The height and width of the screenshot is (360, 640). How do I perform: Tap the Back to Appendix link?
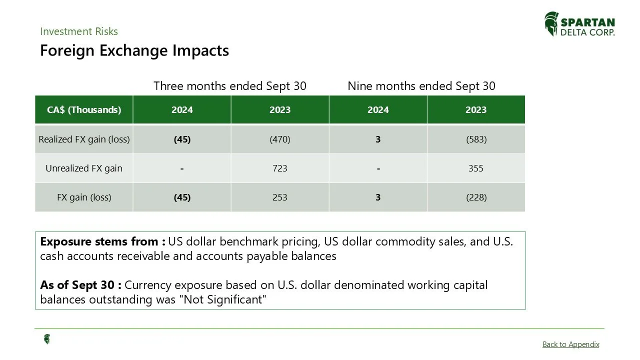pos(570,344)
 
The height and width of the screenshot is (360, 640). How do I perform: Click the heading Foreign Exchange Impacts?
pos(134,50)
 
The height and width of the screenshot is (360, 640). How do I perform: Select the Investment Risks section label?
pos(79,31)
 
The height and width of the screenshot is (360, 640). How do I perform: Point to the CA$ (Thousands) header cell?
pos(84,110)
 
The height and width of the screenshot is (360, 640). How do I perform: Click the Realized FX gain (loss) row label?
pos(84,139)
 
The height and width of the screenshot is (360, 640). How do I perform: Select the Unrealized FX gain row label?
pos(84,168)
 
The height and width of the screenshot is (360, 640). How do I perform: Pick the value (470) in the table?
pos(280,139)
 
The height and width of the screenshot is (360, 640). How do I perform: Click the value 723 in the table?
pos(280,168)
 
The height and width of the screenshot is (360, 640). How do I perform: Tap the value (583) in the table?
pos(476,139)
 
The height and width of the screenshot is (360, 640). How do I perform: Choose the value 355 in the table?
pos(476,168)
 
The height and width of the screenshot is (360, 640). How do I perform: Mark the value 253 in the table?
pos(280,197)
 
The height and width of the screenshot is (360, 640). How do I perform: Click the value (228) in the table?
pos(476,197)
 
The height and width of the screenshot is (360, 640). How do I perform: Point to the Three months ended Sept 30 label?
pos(230,86)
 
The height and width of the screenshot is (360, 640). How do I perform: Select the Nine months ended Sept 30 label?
pos(421,86)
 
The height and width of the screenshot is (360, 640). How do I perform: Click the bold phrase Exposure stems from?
pos(102,242)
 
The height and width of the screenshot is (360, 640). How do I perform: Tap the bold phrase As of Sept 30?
pos(80,285)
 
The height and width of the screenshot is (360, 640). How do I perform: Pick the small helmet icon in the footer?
pos(47,339)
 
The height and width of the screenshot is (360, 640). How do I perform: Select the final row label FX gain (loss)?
pos(84,197)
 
